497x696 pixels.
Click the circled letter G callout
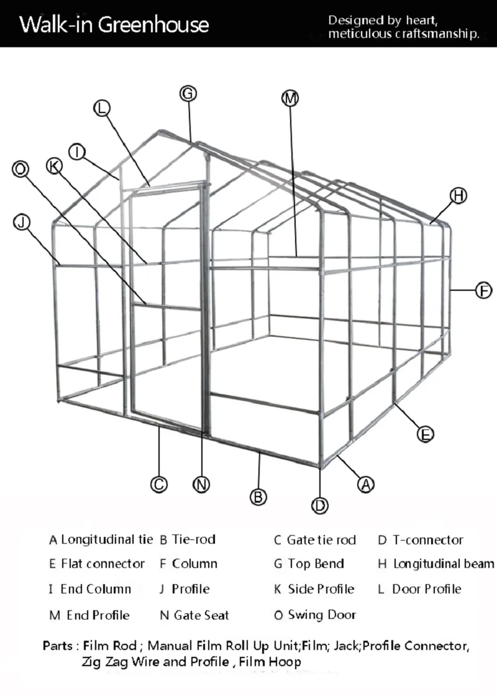(x=188, y=94)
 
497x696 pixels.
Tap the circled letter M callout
(x=290, y=98)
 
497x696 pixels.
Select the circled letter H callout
(x=458, y=196)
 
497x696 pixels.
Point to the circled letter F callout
(x=483, y=290)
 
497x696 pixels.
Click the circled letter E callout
(x=425, y=434)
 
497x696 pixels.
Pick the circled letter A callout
(x=366, y=483)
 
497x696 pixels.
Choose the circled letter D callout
(x=320, y=505)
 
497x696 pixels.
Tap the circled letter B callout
(x=258, y=497)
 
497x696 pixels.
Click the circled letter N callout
(x=201, y=484)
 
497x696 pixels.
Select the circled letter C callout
(x=159, y=484)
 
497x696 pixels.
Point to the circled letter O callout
(x=21, y=168)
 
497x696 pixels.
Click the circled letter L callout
(x=102, y=108)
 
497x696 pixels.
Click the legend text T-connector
(x=427, y=539)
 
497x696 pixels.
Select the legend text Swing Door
(x=322, y=615)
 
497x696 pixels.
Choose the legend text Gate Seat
(x=201, y=615)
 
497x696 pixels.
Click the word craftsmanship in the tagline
(x=438, y=34)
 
